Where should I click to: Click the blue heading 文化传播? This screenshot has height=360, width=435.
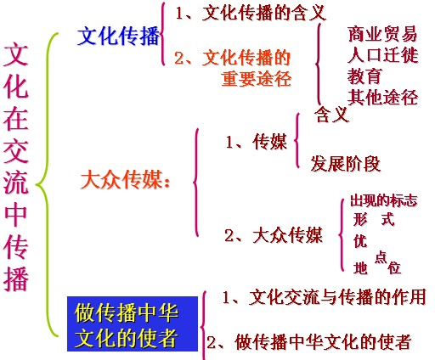pyautogui.click(x=118, y=37)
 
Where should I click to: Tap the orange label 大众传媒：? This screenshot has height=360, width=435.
pyautogui.click(x=126, y=180)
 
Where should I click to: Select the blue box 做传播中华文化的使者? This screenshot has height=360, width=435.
pyautogui.click(x=133, y=323)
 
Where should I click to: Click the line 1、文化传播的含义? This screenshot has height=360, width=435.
pyautogui.click(x=251, y=13)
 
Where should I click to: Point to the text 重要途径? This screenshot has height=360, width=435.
pyautogui.click(x=257, y=78)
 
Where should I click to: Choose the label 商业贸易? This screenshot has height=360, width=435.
pyautogui.click(x=382, y=34)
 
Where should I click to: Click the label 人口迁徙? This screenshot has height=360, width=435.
pyautogui.click(x=382, y=54)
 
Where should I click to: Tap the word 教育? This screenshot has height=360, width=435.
pyautogui.click(x=364, y=76)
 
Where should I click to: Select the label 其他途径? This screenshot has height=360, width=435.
pyautogui.click(x=382, y=97)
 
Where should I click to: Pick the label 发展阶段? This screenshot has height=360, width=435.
pyautogui.click(x=346, y=163)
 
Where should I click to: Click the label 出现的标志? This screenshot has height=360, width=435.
pyautogui.click(x=384, y=200)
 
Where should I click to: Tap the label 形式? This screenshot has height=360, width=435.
pyautogui.click(x=374, y=219)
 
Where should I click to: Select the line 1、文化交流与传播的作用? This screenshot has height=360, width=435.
pyautogui.click(x=325, y=297)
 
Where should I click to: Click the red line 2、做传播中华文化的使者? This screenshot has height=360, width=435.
pyautogui.click(x=309, y=341)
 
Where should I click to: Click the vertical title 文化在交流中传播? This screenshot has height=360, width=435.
pyautogui.click(x=16, y=167)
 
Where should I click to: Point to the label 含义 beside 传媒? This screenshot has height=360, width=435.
pyautogui.click(x=331, y=114)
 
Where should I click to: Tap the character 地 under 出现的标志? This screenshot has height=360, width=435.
pyautogui.click(x=360, y=267)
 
